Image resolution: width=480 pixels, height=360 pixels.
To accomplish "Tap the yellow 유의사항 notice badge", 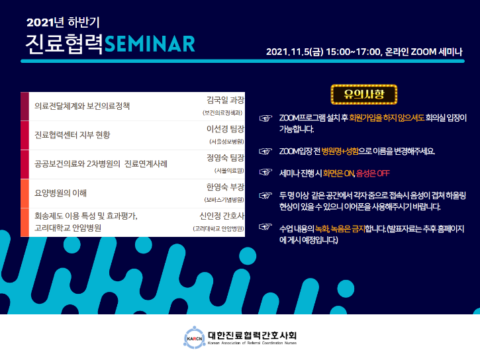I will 363,95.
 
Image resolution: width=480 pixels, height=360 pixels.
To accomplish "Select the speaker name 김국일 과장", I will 226,100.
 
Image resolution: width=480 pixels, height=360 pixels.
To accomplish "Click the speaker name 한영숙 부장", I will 226,187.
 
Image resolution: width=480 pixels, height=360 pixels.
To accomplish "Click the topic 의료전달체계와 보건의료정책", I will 83,106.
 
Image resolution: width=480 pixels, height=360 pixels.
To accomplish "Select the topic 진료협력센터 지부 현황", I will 72,135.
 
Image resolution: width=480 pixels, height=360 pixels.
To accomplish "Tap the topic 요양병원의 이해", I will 61,193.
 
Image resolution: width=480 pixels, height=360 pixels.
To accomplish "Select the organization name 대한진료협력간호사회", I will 252,334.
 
